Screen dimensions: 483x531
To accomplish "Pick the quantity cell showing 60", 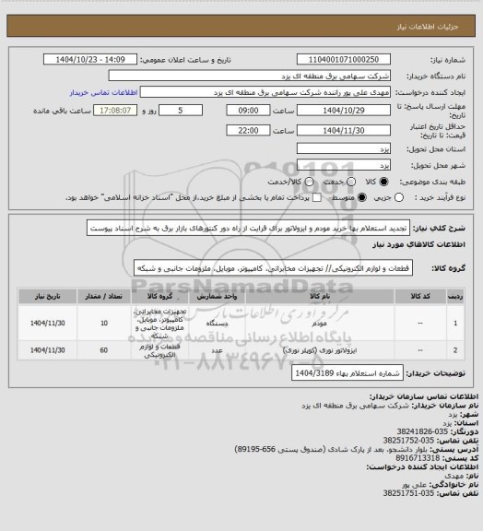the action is [113, 351].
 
